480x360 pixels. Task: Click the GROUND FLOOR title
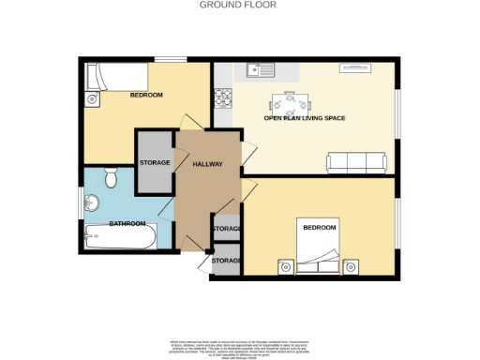(x=239, y=5)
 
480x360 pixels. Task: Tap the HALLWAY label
(x=207, y=164)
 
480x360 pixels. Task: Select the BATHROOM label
(x=127, y=224)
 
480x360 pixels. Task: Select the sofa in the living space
(x=356, y=163)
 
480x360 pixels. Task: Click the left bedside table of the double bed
(x=285, y=267)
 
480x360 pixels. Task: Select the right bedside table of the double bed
(x=352, y=267)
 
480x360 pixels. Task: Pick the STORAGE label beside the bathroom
(x=155, y=163)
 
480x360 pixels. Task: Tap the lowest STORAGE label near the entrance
(x=227, y=261)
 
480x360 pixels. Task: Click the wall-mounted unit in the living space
(x=355, y=67)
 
